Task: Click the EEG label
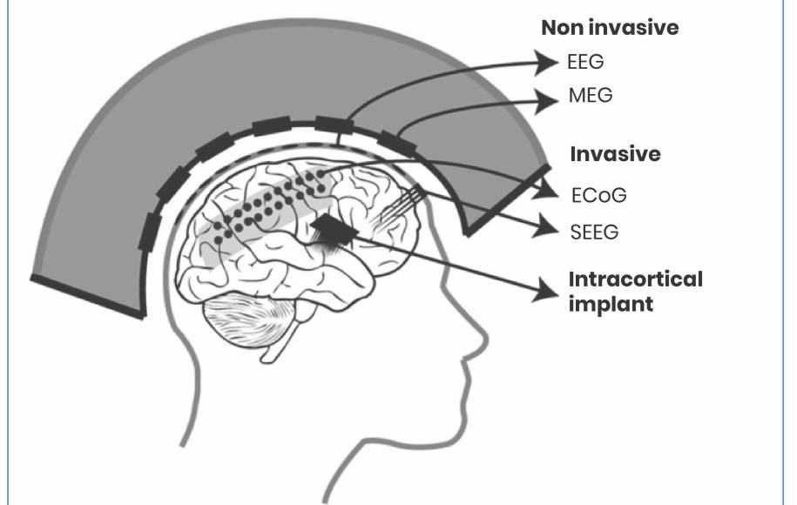pyautogui.click(x=585, y=62)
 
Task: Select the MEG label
pyautogui.click(x=591, y=95)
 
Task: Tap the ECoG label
pyautogui.click(x=598, y=195)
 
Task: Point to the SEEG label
pyautogui.click(x=594, y=232)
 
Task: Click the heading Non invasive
pyautogui.click(x=610, y=28)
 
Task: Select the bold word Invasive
pyautogui.click(x=615, y=153)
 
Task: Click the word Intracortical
pyautogui.click(x=635, y=279)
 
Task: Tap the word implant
pyautogui.click(x=611, y=304)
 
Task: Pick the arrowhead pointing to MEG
pyautogui.click(x=547, y=100)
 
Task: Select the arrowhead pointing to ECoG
pyautogui.click(x=548, y=190)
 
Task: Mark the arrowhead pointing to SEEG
pyautogui.click(x=546, y=226)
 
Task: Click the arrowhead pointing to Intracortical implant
pyautogui.click(x=546, y=291)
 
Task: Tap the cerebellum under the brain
pyautogui.click(x=249, y=320)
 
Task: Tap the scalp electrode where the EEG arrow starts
pyautogui.click(x=334, y=125)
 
